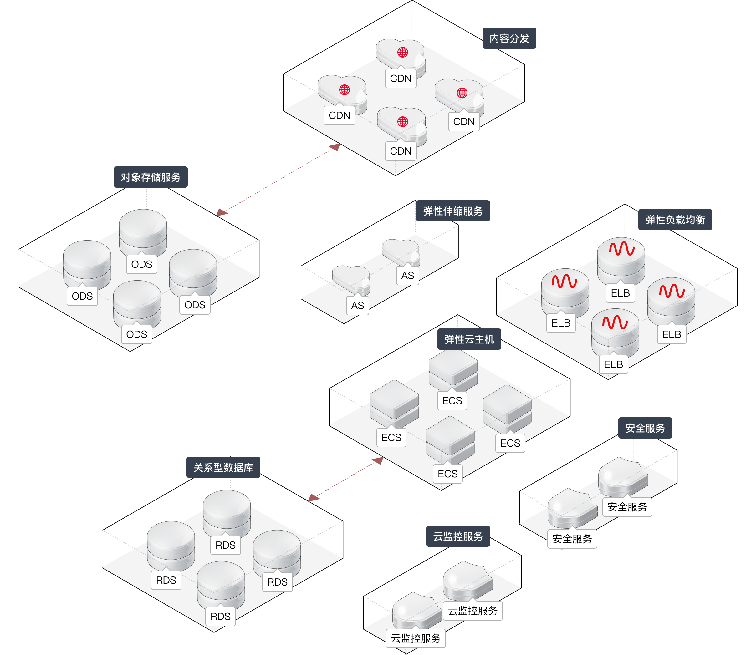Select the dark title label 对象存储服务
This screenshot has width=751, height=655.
coord(151,177)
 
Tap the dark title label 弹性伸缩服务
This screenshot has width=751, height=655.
coord(453,211)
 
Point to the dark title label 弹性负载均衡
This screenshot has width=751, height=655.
coord(675,220)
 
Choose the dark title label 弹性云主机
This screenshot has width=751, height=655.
coord(469,339)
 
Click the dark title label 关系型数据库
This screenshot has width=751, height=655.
coord(223,468)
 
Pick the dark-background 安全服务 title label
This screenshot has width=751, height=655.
coord(645,428)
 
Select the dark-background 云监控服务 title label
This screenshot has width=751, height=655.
coord(458,536)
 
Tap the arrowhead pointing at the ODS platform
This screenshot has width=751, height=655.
coord(222,212)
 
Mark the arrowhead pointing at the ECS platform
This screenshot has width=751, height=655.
coord(378,460)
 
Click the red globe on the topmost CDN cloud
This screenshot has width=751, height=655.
coord(402,52)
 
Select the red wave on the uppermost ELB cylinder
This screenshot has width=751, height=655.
coord(621,249)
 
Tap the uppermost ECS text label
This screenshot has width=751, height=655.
coord(452,401)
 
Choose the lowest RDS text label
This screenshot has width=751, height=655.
coord(221,617)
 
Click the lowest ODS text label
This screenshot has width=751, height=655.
coord(136,334)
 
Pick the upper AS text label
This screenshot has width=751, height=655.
coord(408,276)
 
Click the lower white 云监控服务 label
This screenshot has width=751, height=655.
coord(416,638)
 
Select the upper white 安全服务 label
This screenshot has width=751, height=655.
coord(627,507)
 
